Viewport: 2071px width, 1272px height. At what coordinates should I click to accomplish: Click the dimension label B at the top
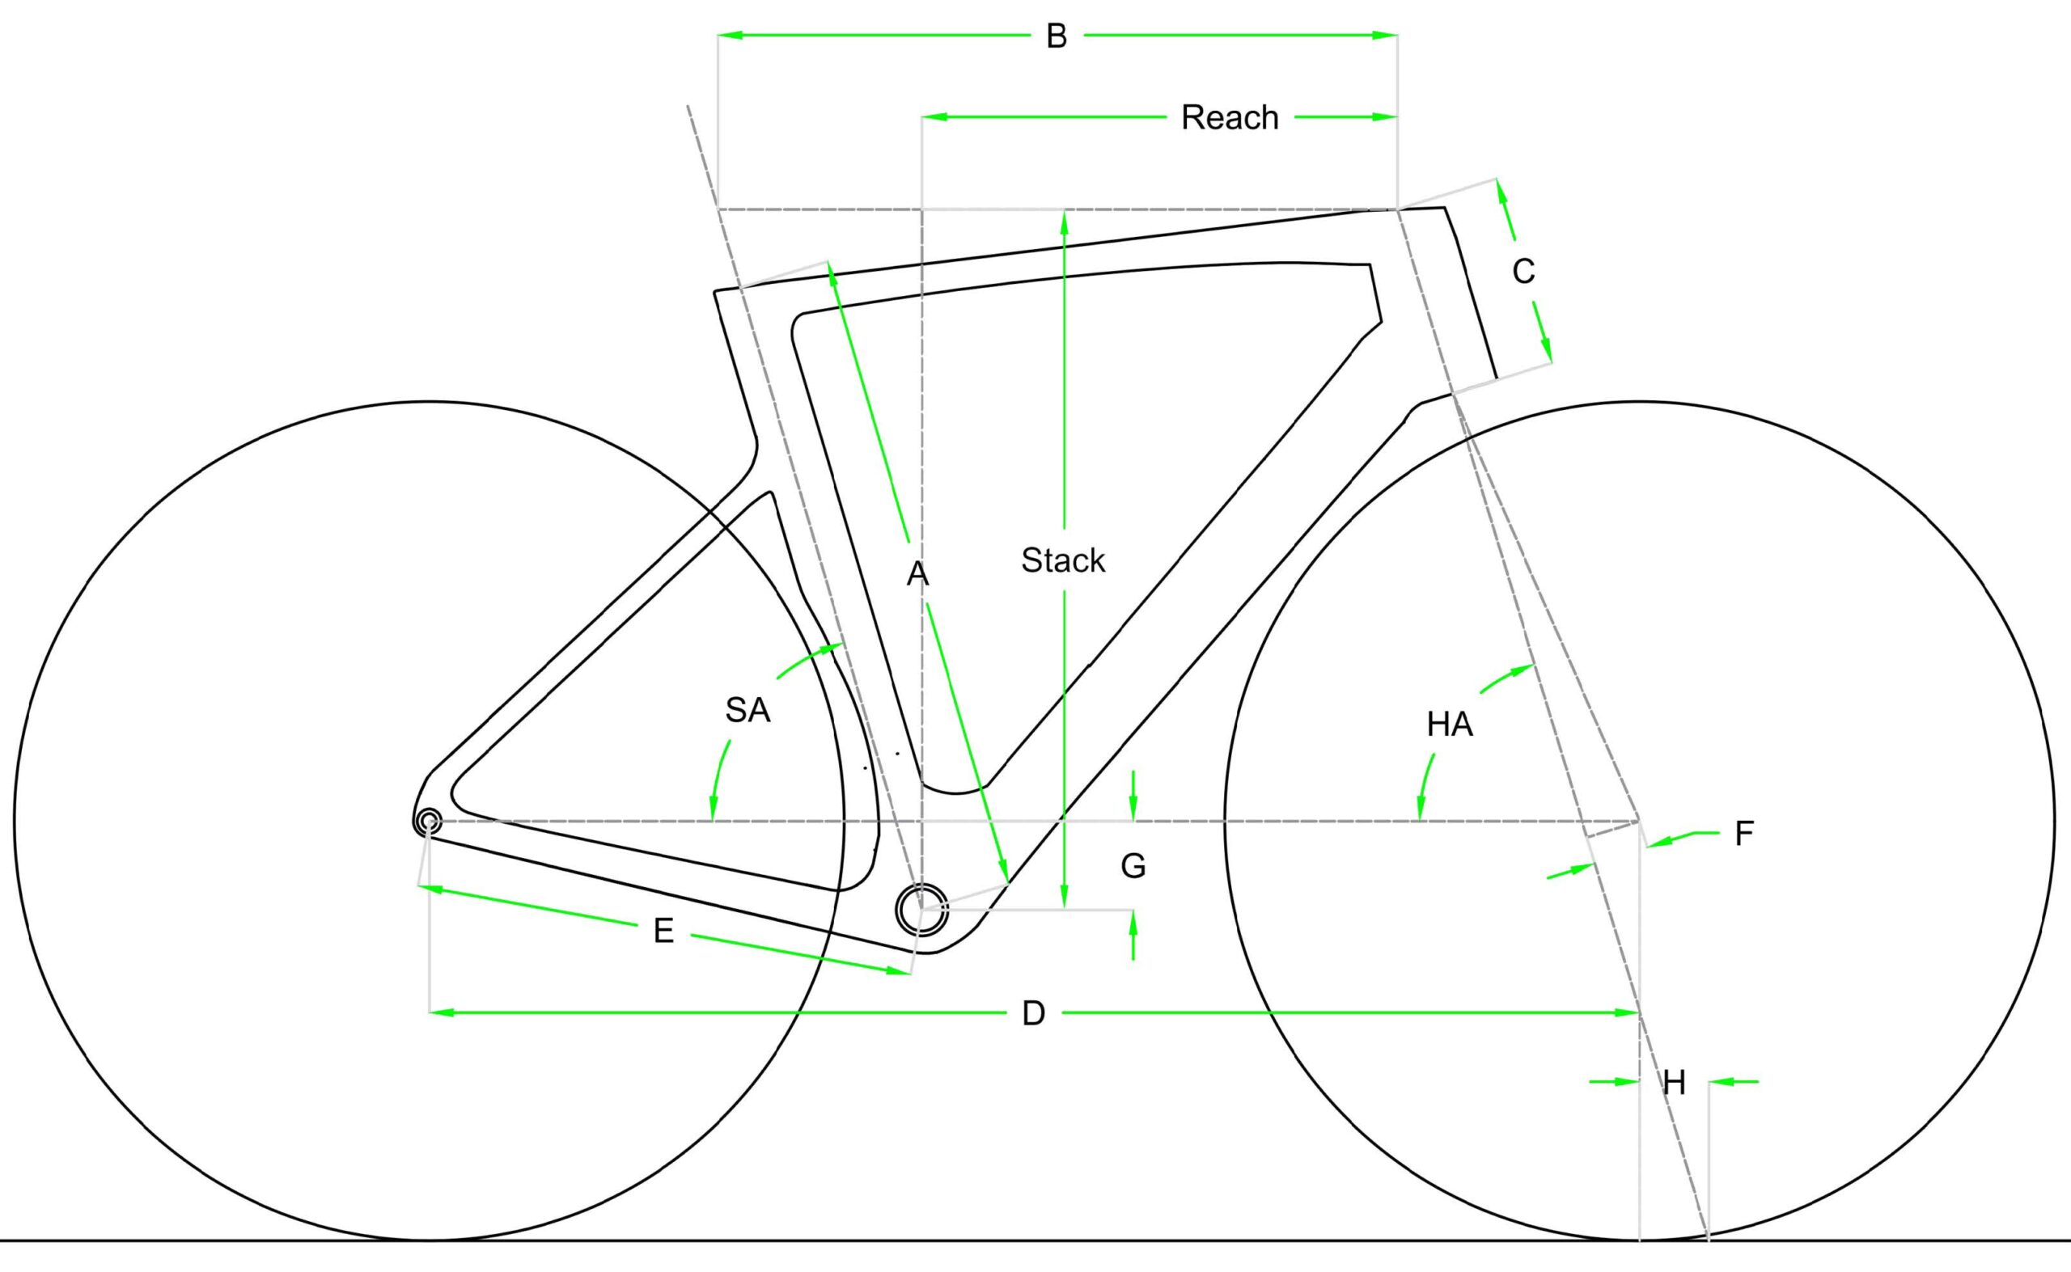[1056, 36]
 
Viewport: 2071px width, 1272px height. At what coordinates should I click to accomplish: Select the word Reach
[1230, 117]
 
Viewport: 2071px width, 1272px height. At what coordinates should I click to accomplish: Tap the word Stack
[1063, 560]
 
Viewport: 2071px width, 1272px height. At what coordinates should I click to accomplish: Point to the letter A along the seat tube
[917, 575]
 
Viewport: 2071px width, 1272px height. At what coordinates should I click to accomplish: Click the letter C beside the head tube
[1523, 271]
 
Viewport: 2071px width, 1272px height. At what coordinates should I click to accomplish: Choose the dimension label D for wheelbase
[1033, 1014]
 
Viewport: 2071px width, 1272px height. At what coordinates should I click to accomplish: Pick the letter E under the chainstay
[663, 932]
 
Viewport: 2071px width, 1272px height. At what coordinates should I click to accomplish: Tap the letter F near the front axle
[1743, 834]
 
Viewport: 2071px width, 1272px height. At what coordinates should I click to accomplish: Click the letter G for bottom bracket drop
[1133, 866]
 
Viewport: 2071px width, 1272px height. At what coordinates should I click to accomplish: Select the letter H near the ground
[1674, 1084]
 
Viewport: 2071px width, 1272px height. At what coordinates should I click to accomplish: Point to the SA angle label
[748, 711]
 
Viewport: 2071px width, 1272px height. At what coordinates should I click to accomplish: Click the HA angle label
[1449, 725]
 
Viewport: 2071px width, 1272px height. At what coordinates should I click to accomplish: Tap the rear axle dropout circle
[428, 821]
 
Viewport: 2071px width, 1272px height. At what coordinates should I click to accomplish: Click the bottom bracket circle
[921, 909]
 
